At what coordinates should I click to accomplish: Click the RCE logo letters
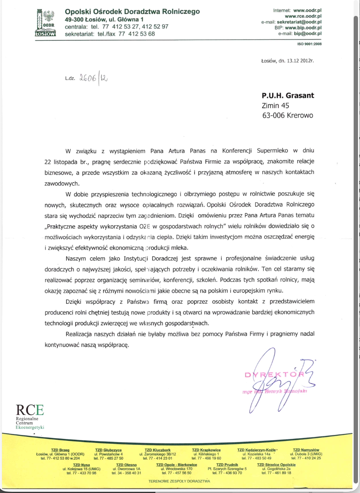(30, 410)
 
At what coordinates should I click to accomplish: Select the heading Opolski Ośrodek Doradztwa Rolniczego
(132, 12)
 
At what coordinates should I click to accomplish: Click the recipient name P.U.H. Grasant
(288, 95)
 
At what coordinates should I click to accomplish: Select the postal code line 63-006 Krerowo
(287, 115)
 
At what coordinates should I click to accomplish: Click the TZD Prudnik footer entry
(227, 468)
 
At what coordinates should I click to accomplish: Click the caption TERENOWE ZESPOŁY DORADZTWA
(179, 481)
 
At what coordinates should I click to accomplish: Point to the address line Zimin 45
(275, 105)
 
